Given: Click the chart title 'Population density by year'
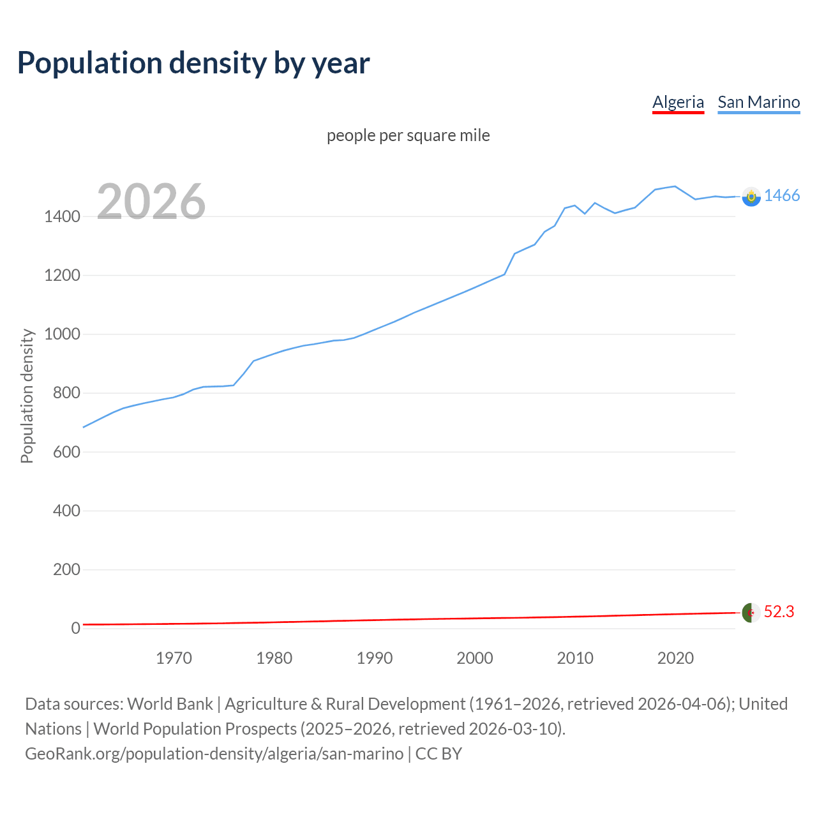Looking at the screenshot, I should tap(193, 63).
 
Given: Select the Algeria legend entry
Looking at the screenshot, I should tap(678, 102).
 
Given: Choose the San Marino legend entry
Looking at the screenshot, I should tap(758, 102).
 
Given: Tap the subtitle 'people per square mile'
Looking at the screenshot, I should tap(408, 135).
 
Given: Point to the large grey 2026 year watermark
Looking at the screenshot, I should tap(151, 202).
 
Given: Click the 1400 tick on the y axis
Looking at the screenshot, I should tap(62, 217).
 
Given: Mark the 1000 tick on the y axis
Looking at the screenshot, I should tap(62, 334).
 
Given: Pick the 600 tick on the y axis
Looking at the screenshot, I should tap(66, 452).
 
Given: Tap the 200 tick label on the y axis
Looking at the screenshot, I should tap(66, 569).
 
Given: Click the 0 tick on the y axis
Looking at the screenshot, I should tap(75, 628).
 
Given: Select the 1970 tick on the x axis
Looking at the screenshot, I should tap(174, 658).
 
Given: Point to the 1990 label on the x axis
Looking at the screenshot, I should tap(375, 658).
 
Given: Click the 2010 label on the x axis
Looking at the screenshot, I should tap(575, 658).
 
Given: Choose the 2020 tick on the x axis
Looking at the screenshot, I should tap(675, 658).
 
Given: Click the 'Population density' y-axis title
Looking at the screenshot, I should tap(27, 396).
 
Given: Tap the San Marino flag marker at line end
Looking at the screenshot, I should tap(751, 197).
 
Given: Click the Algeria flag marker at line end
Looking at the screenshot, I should tap(751, 613).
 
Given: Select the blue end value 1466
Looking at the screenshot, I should tap(782, 196).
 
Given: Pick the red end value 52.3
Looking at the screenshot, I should tap(779, 612).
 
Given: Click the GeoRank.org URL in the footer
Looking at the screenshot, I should tap(214, 754).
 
